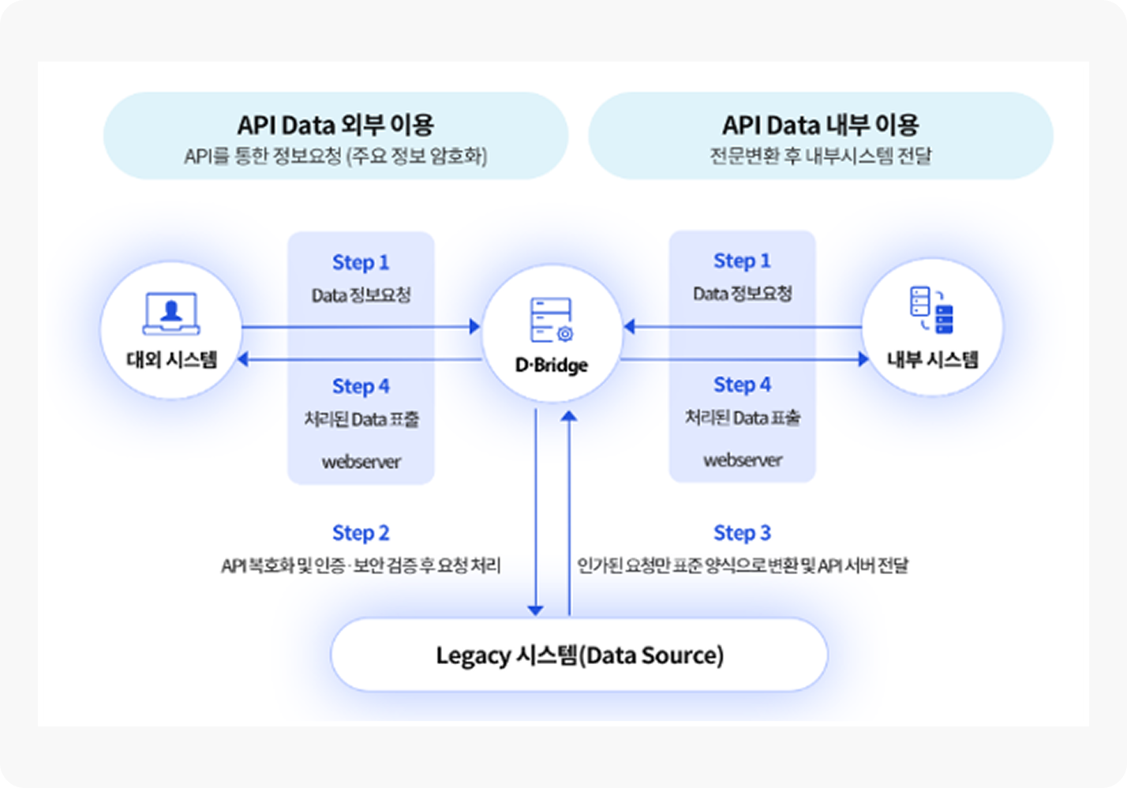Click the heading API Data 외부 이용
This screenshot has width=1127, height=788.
[x=335, y=125]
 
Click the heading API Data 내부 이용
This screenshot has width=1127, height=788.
[x=820, y=125]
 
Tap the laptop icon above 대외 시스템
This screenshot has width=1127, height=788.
[x=171, y=313]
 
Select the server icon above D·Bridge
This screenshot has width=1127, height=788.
[x=552, y=321]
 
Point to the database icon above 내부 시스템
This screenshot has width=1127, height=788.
[x=932, y=310]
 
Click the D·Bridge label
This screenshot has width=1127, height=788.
[x=552, y=365]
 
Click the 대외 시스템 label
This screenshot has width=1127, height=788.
[x=171, y=360]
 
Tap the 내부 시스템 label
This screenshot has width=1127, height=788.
[x=932, y=360]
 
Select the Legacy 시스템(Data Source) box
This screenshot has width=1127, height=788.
[x=579, y=655]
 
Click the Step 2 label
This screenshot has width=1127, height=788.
[x=361, y=533]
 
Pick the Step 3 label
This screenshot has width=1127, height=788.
[x=742, y=533]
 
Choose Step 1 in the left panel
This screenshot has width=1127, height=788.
[x=361, y=262]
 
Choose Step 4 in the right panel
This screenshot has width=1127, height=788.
[x=742, y=385]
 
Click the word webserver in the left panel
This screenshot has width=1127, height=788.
[x=361, y=461]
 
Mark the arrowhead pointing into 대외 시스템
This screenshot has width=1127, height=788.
[x=243, y=359]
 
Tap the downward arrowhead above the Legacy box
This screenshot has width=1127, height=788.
[x=536, y=610]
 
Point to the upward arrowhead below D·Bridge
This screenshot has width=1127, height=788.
[x=569, y=415]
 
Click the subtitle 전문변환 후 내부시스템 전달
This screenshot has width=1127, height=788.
[x=820, y=156]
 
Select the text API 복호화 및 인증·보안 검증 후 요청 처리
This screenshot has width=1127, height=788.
[x=361, y=565]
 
